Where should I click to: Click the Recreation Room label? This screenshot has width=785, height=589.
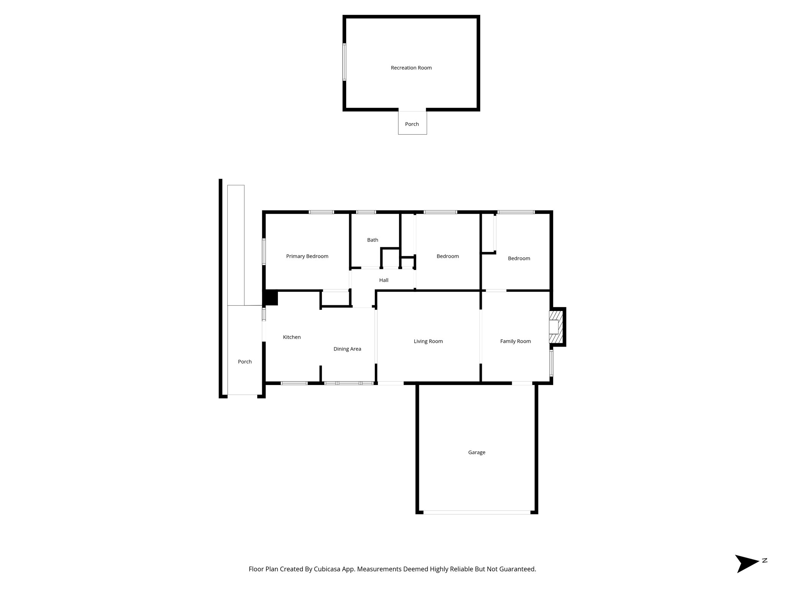click(411, 68)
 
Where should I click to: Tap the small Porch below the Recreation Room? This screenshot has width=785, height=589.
click(412, 123)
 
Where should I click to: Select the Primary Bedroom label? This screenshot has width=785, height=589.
click(307, 256)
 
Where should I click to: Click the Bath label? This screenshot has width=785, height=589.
click(373, 240)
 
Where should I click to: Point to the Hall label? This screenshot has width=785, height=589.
click(384, 280)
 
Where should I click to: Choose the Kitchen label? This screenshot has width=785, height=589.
click(292, 337)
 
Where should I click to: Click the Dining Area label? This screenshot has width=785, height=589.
click(347, 349)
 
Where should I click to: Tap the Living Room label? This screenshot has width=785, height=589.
click(428, 341)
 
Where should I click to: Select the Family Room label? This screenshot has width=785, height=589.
click(515, 341)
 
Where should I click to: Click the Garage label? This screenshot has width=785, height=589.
click(476, 452)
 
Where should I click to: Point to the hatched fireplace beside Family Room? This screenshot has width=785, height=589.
click(557, 327)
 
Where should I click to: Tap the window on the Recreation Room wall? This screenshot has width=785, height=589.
click(344, 62)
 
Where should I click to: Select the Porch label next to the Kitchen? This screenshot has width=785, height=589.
click(245, 362)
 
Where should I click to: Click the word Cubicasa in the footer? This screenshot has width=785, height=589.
click(328, 569)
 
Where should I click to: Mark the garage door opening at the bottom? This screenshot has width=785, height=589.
click(476, 512)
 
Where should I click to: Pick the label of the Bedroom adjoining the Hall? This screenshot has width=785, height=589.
click(447, 256)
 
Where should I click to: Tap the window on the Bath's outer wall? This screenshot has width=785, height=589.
click(366, 212)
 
